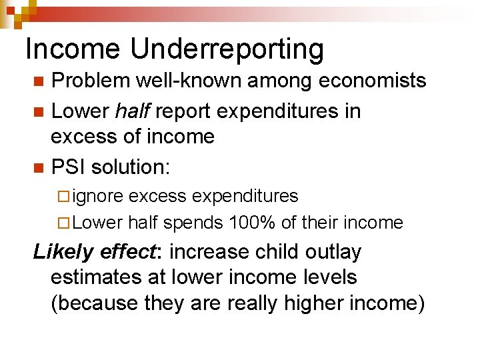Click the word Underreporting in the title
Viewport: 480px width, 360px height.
click(227, 49)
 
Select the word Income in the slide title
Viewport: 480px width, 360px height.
click(73, 49)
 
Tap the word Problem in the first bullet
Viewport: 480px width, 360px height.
click(91, 81)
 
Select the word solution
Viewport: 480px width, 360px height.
click(129, 166)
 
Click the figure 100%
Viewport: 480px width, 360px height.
click(253, 222)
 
